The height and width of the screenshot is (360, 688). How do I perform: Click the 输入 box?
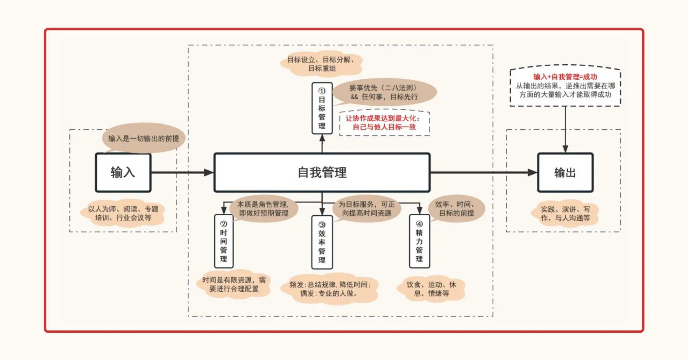pyautogui.click(x=123, y=173)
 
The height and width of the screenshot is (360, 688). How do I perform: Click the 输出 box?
pyautogui.click(x=565, y=173)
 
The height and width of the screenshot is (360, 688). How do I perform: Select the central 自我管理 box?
pyautogui.click(x=322, y=173)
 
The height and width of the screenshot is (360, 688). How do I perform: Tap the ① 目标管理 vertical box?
pyautogui.click(x=322, y=108)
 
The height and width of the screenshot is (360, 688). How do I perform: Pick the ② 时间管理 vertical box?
pyautogui.click(x=223, y=241)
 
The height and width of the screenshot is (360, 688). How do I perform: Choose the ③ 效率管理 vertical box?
pyautogui.click(x=322, y=242)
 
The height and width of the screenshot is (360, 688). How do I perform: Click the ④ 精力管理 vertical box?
pyautogui.click(x=419, y=241)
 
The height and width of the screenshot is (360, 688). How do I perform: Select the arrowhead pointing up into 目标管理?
pyautogui.click(x=322, y=138)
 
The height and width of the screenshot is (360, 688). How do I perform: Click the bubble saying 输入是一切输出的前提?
pyautogui.click(x=143, y=138)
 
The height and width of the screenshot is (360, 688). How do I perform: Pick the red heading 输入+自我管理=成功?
pyautogui.click(x=565, y=77)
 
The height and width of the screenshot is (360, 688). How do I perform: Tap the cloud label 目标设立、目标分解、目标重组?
pyautogui.click(x=322, y=64)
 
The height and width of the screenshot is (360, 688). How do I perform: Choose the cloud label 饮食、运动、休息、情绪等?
pyautogui.click(x=431, y=289)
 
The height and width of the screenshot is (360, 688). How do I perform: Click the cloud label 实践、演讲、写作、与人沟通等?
pyautogui.click(x=565, y=214)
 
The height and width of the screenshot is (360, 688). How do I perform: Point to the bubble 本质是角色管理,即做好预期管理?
pyautogui.click(x=263, y=209)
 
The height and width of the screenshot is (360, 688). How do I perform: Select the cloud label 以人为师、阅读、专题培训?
pyautogui.click(x=123, y=213)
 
